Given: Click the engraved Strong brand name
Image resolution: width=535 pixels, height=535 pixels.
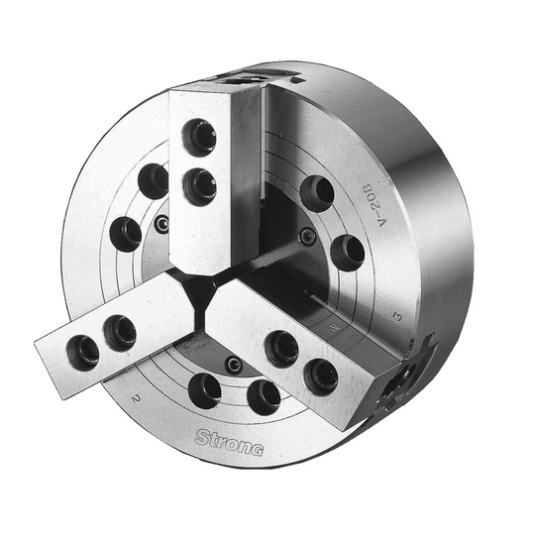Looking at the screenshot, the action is (x=229, y=443).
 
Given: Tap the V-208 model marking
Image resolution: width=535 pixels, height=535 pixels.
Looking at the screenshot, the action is (x=375, y=205).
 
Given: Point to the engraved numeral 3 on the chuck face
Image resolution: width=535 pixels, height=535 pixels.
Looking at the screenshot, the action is (x=397, y=316).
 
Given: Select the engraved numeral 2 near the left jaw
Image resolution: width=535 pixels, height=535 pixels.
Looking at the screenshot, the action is (x=137, y=397).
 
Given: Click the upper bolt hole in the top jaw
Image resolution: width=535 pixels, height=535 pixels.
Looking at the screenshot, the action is (x=199, y=137).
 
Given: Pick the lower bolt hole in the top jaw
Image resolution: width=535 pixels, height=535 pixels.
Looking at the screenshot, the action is (x=199, y=187).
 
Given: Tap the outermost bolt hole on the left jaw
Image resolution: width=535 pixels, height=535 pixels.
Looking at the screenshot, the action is (x=83, y=353).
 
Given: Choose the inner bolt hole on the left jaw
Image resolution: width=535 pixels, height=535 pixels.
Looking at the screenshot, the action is (x=120, y=332).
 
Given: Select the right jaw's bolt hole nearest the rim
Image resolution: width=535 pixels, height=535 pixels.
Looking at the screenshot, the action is (x=321, y=377).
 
